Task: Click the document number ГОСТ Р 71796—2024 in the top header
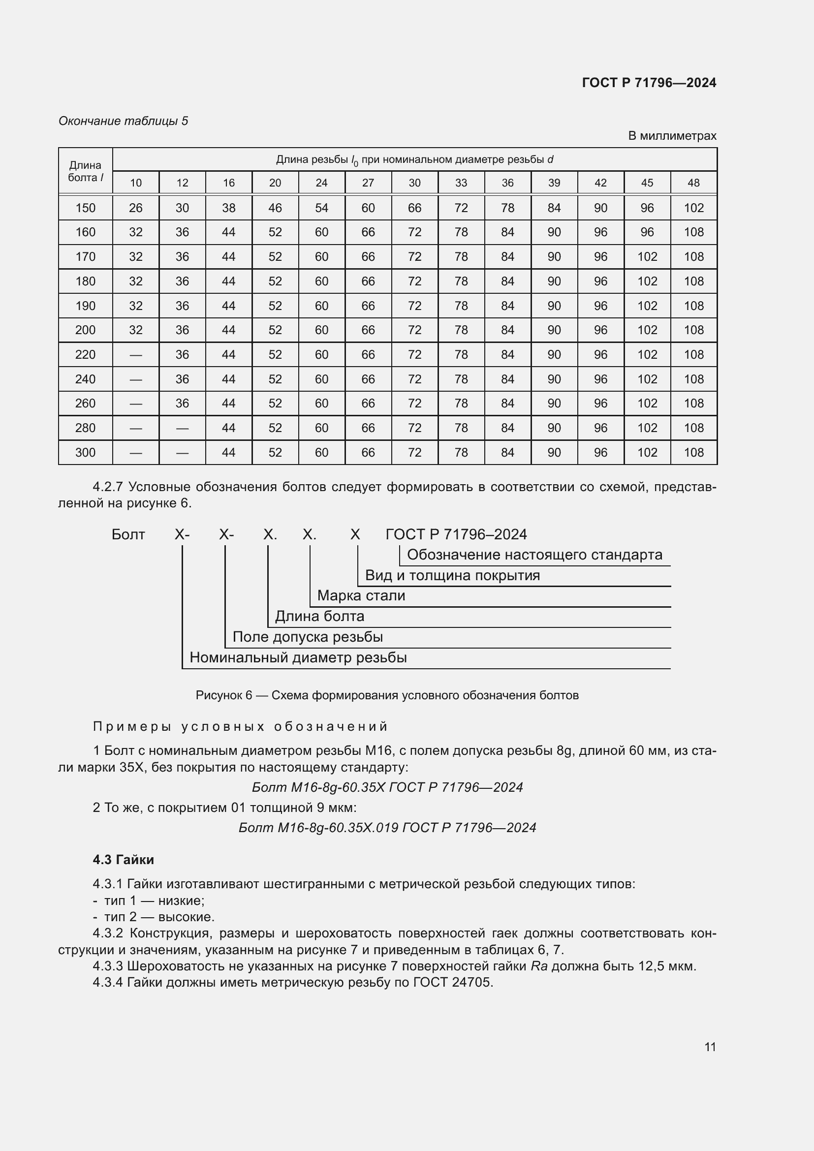(x=649, y=83)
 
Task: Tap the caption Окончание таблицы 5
(x=123, y=121)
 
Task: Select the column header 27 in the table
(x=368, y=183)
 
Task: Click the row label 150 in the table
(x=85, y=208)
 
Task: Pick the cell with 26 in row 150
(x=136, y=208)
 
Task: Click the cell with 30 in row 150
(x=183, y=208)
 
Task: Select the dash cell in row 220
(x=136, y=355)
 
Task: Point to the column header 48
(x=693, y=183)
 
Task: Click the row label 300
(x=85, y=453)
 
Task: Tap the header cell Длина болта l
(x=85, y=171)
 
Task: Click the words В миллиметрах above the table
(x=672, y=136)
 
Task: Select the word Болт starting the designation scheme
(x=128, y=534)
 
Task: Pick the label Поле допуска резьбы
(x=307, y=637)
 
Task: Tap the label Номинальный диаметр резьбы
(x=298, y=658)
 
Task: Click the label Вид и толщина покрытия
(x=452, y=575)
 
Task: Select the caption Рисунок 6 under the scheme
(x=387, y=695)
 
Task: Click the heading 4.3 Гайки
(x=124, y=860)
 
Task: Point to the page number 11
(x=710, y=1047)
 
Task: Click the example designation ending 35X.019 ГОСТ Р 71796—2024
(x=387, y=828)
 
